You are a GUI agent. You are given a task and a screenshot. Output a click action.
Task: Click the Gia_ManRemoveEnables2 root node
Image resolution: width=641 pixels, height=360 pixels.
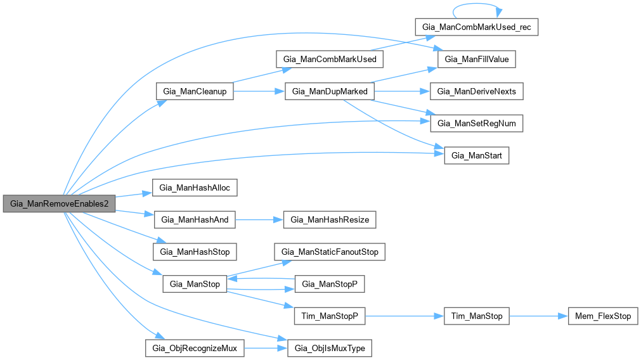(59, 203)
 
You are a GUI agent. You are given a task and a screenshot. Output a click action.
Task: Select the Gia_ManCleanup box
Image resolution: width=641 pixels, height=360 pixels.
(195, 91)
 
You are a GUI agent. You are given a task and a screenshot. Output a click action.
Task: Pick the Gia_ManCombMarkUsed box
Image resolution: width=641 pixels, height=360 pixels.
(330, 60)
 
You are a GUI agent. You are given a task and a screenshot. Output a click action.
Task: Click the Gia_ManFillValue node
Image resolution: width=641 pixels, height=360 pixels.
(477, 60)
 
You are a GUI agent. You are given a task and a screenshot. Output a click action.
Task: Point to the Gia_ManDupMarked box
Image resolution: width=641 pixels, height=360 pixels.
(330, 91)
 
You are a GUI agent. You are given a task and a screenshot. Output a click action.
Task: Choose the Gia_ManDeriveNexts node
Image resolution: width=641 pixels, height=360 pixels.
(477, 91)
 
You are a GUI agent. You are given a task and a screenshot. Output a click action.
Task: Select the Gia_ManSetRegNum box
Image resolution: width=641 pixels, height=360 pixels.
(477, 123)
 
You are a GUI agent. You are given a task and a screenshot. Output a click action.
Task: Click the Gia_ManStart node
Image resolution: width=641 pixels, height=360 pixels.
(476, 155)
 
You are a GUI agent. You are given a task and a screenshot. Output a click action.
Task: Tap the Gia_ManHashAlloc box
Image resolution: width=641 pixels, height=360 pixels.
(195, 188)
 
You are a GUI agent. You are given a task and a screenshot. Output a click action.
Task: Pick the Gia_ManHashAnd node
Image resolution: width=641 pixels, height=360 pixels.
(195, 220)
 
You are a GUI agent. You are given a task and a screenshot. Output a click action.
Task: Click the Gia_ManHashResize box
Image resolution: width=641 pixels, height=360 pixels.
(330, 220)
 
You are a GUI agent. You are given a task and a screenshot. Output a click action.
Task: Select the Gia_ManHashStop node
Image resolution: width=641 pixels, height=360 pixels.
(195, 252)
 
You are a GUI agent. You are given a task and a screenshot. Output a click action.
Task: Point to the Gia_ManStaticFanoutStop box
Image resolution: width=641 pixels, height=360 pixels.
(330, 252)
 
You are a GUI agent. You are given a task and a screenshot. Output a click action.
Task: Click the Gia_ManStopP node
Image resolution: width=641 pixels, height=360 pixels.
(330, 284)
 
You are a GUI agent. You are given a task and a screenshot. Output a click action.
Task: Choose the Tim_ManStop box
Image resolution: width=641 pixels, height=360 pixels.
(476, 316)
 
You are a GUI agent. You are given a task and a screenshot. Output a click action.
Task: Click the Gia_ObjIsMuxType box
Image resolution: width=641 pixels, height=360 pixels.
(330, 348)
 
